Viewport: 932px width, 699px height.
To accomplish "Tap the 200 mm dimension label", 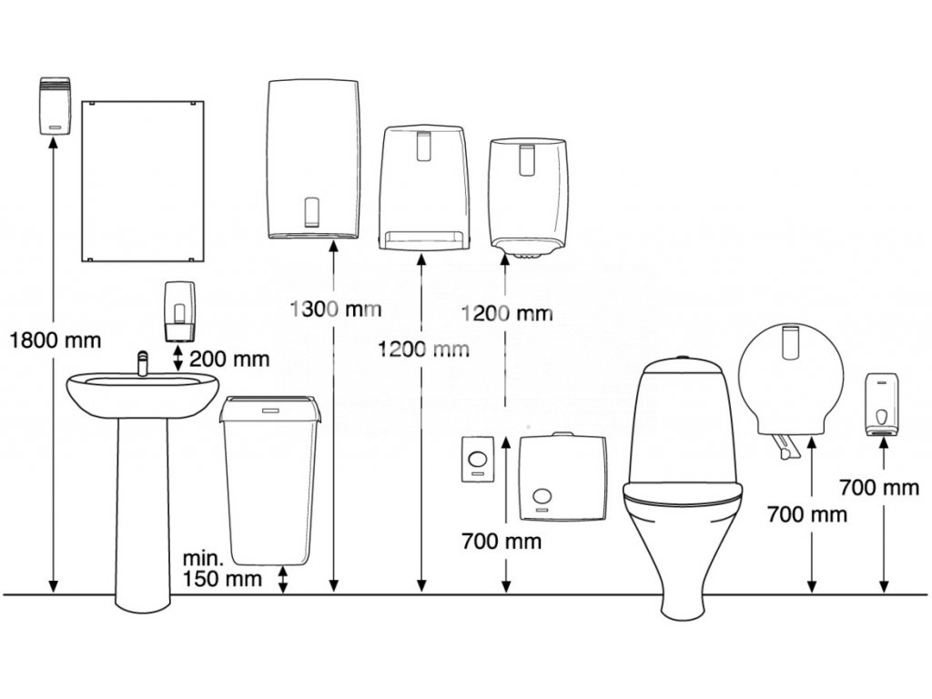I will pos(230,358).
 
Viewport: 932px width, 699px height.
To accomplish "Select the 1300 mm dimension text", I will pos(335,309).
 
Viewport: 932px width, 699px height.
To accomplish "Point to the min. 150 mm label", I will pos(222,569).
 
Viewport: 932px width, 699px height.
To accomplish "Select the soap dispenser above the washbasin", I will pos(179,310).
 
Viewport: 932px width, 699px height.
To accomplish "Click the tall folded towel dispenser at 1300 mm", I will pos(314,158).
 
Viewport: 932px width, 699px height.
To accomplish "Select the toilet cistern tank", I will pos(682,419).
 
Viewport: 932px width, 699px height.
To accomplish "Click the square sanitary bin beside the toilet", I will pos(562,477).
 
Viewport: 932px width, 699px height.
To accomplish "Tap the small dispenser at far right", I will pos(881,404).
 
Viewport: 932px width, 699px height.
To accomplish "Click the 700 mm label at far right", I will pos(879,487).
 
